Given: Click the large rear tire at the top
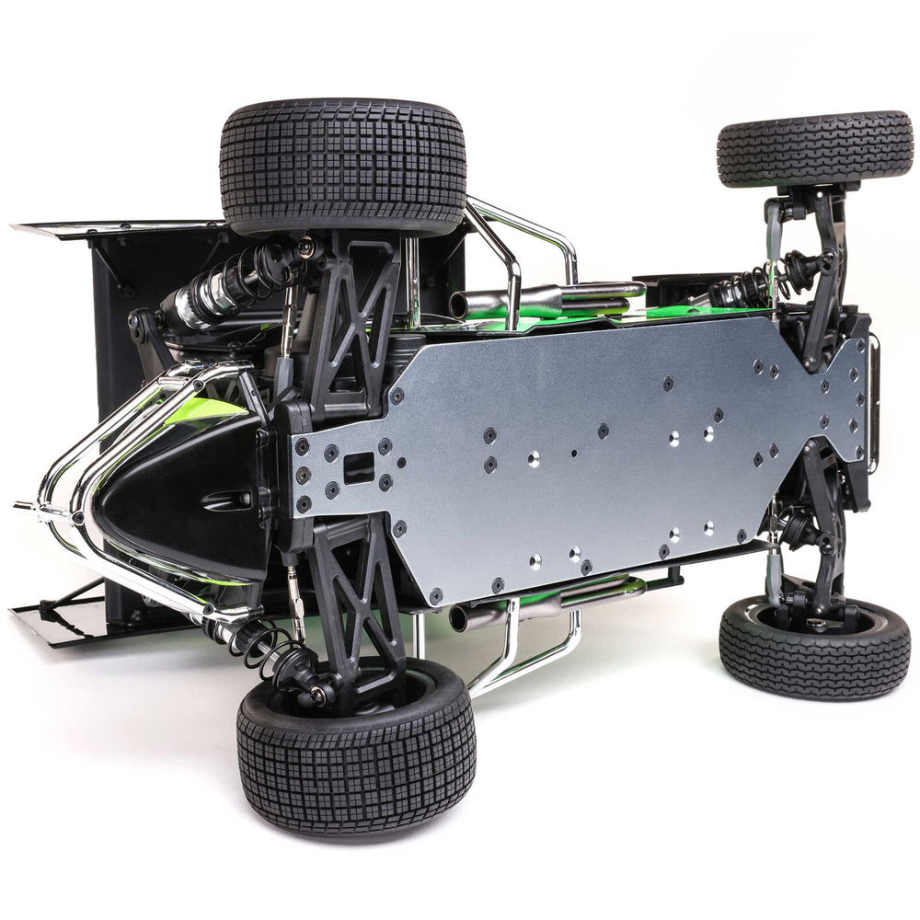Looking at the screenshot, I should [342, 166].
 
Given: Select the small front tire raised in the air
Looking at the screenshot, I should [814, 148].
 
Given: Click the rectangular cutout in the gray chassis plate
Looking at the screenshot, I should [359, 467].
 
